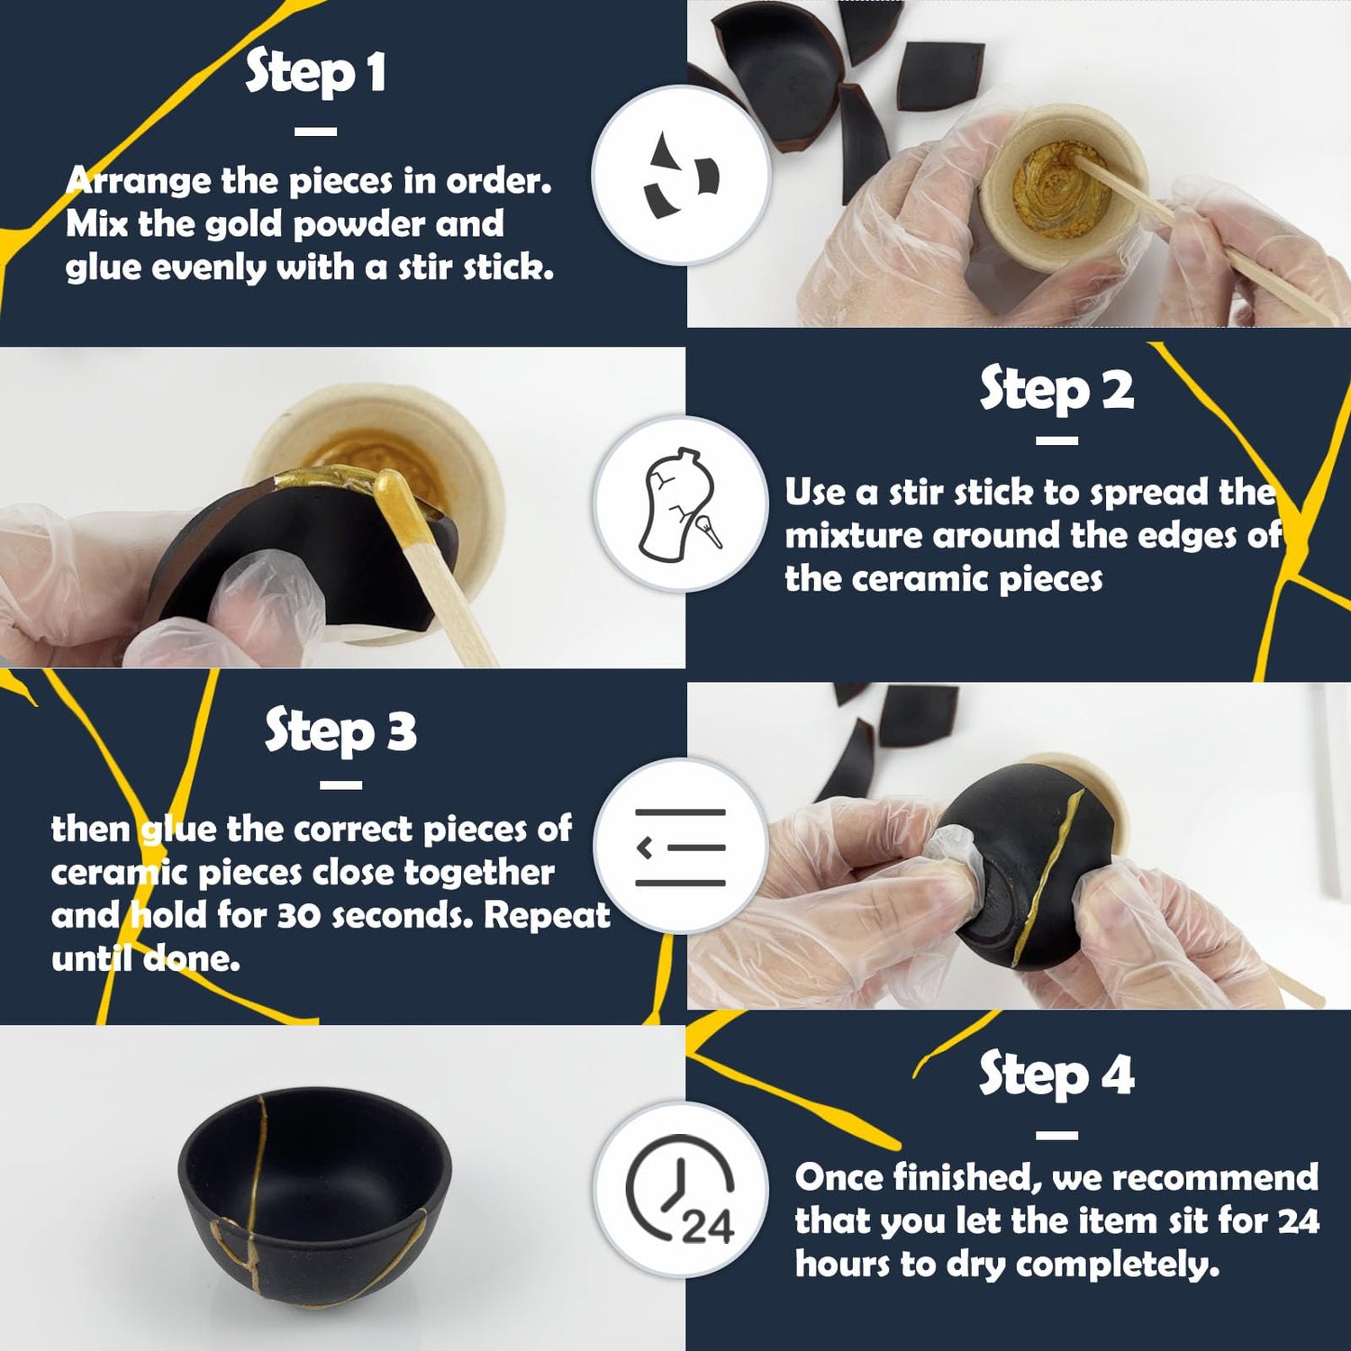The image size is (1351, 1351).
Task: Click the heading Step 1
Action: pos(315,72)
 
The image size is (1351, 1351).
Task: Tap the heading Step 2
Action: pos(1056,389)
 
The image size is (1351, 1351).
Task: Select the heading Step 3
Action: pos(340,730)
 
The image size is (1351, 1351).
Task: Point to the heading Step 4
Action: pos(1056,1074)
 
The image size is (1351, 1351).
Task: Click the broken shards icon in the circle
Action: pos(681,177)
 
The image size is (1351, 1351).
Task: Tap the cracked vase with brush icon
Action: pos(680,504)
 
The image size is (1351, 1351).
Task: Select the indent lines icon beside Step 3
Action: pos(680,847)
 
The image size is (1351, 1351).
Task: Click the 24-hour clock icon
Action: pos(681,1189)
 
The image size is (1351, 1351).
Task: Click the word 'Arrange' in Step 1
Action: pos(139,181)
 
